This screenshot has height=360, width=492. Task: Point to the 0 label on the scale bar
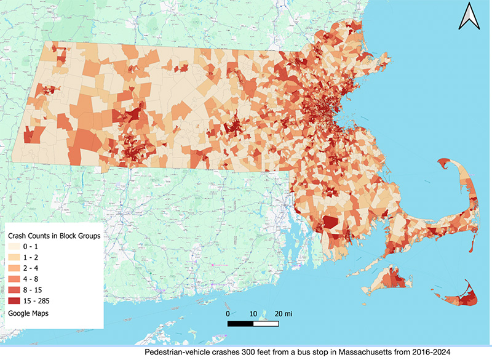(228, 313)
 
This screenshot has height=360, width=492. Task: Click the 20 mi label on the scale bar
(284, 313)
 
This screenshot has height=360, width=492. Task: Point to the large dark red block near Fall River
(330, 222)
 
